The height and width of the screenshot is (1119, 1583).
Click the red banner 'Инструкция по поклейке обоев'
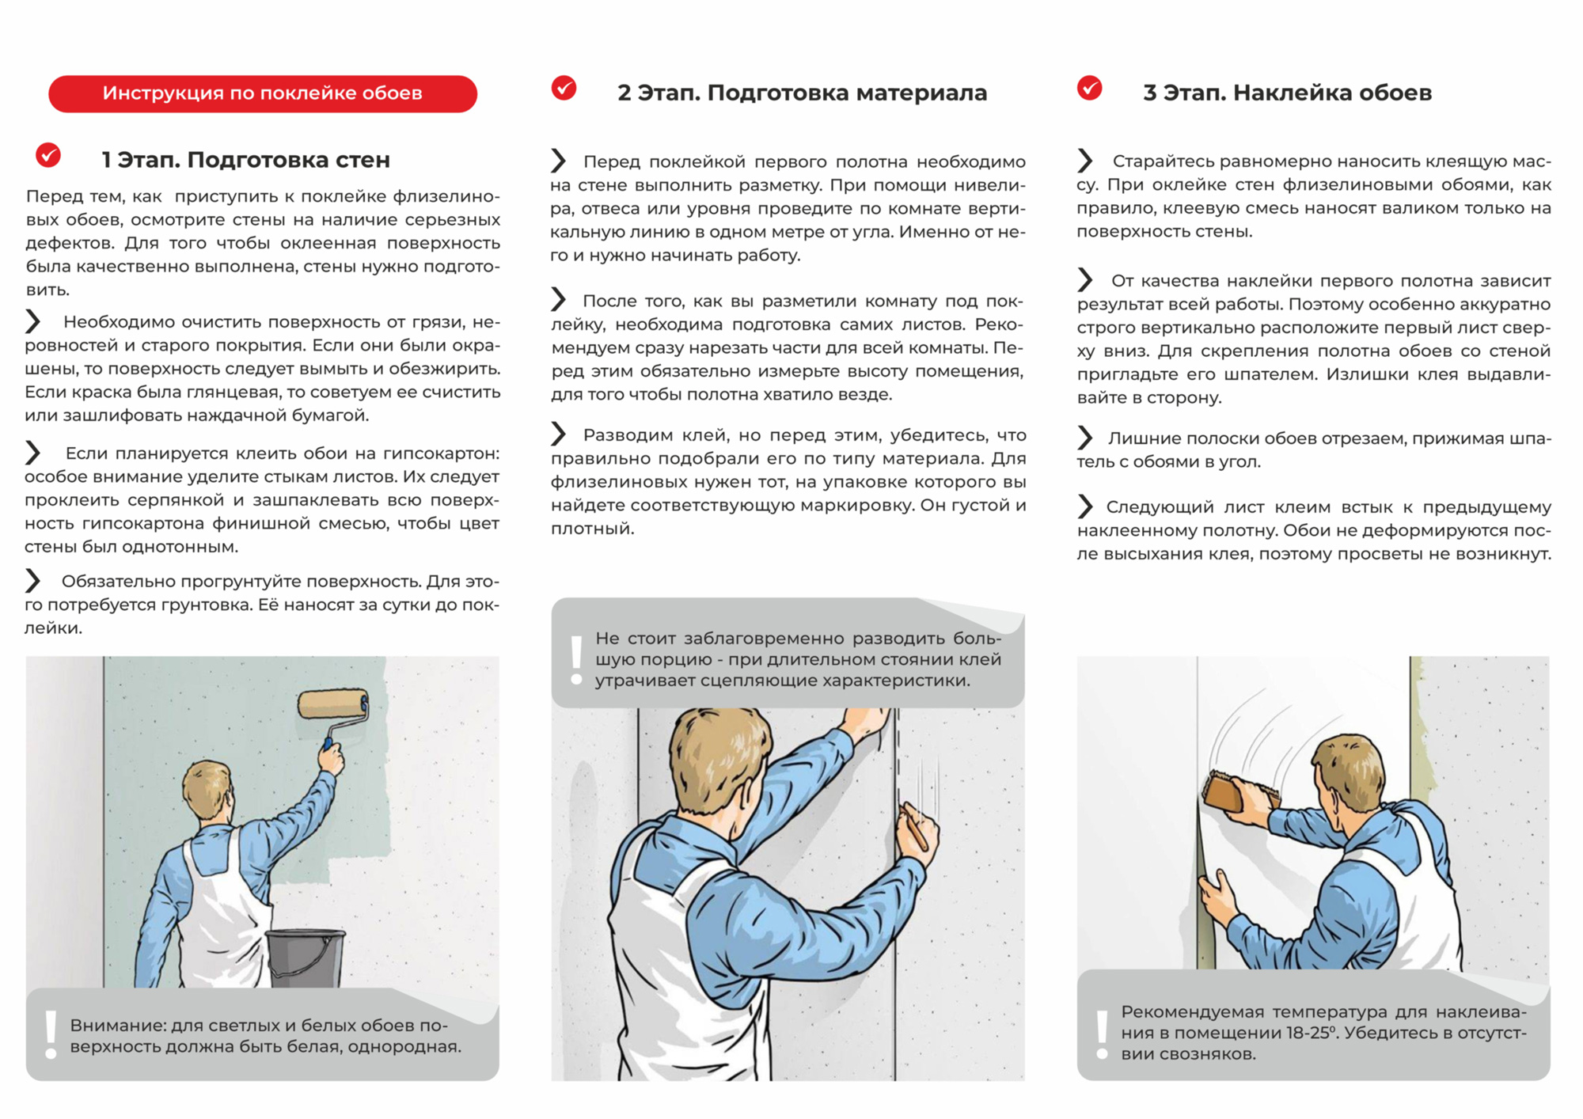coord(263,93)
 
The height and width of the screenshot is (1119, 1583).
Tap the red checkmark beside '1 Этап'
coord(48,155)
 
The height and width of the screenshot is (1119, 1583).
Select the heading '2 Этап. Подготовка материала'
coord(802,93)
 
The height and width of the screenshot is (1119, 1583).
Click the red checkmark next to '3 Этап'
coord(1089,88)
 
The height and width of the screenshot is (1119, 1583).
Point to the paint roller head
coord(333,704)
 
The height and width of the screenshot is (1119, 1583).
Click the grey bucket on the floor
coord(305,958)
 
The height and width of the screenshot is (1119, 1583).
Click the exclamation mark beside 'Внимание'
coord(51,1034)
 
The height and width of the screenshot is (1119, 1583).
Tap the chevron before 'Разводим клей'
coord(559,434)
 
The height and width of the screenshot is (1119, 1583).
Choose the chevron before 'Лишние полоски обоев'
coord(1084,438)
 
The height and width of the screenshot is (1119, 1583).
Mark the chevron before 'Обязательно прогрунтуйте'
coord(32,580)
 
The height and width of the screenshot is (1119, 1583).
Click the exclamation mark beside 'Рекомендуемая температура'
coord(1102,1034)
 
